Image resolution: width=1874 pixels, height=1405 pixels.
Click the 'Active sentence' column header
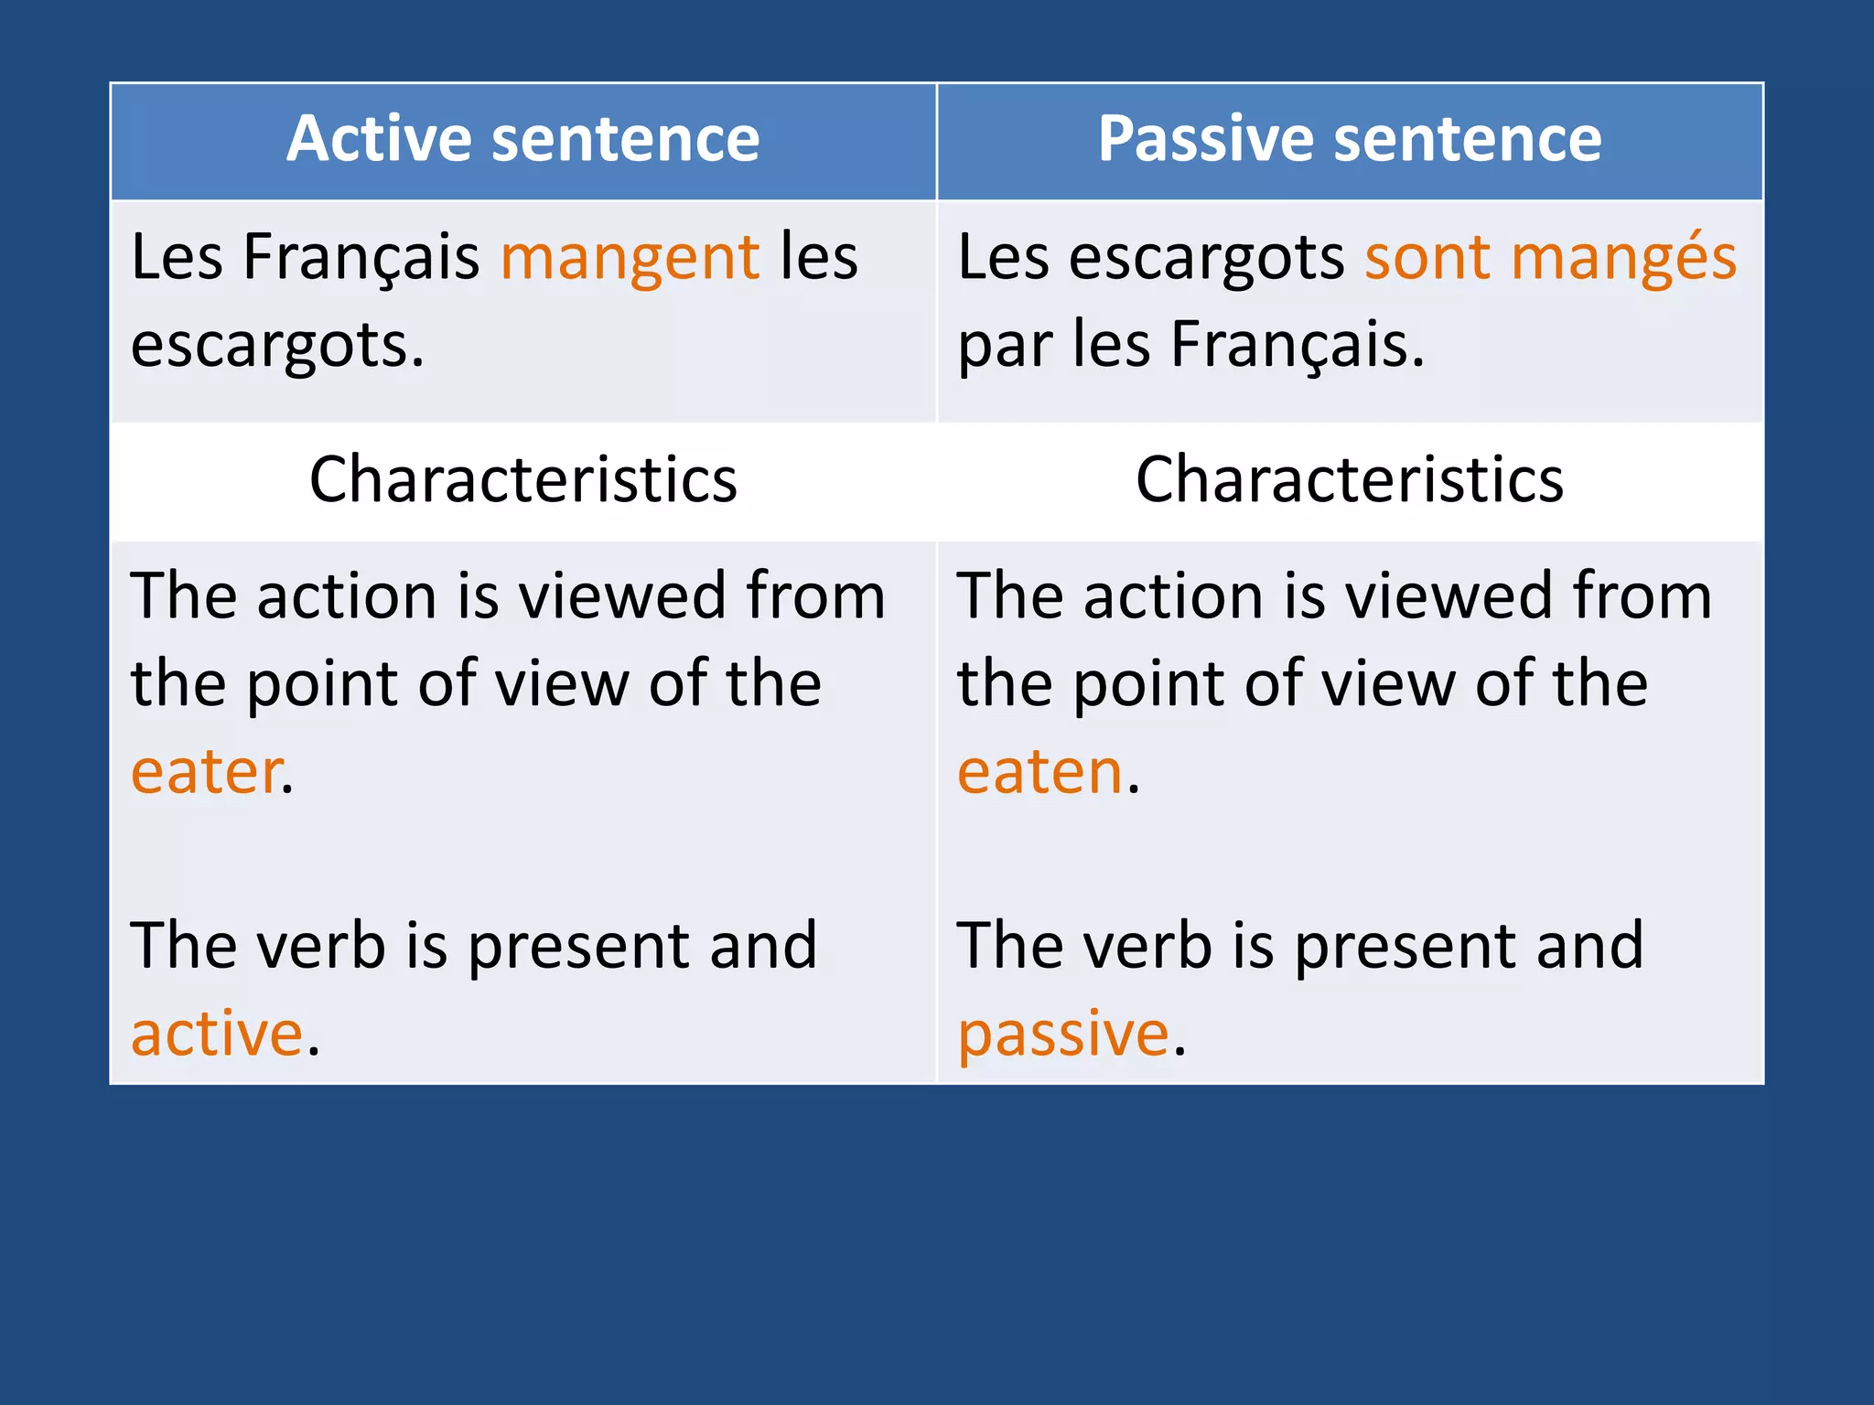522,139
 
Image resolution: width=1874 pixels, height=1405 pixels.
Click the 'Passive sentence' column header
1350,139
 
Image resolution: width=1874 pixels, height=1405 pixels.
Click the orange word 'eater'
207,772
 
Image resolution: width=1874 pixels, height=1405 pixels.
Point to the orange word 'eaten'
1039,772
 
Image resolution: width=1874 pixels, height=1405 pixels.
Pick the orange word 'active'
217,1035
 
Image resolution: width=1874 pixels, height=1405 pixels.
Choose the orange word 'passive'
1063,1035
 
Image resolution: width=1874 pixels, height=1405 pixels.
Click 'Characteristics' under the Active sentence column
522,479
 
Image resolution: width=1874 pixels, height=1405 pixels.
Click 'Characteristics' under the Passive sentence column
1350,479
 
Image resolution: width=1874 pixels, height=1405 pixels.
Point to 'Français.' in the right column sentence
1297,346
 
